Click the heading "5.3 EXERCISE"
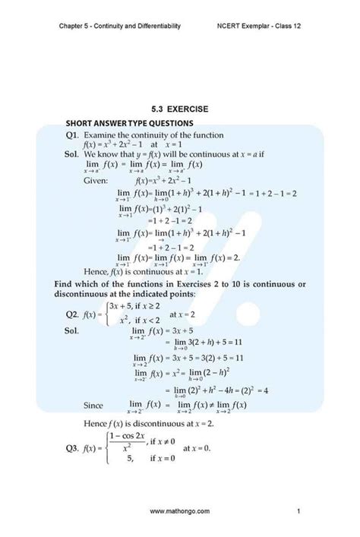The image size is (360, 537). [x=179, y=109]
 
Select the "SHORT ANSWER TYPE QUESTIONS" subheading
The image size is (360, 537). [x=130, y=123]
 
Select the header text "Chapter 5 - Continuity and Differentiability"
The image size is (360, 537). [x=119, y=25]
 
